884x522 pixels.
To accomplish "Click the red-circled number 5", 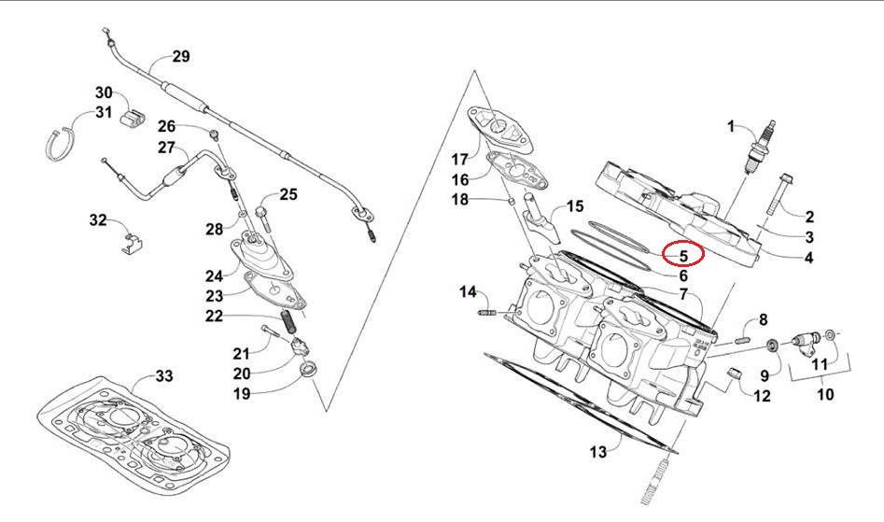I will coord(682,253).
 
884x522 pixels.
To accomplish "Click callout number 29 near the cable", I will coord(180,56).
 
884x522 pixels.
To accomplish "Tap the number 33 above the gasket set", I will coord(163,376).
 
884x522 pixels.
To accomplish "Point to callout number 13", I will coord(597,452).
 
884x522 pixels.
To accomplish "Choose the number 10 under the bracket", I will coord(824,395).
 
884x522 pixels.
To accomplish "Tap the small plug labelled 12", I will coord(734,375).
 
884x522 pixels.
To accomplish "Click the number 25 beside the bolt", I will coord(288,194).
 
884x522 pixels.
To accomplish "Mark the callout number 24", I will coord(216,275).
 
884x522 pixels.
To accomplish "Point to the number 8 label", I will coord(763,320).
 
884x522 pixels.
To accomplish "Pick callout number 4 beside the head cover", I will coord(808,258).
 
